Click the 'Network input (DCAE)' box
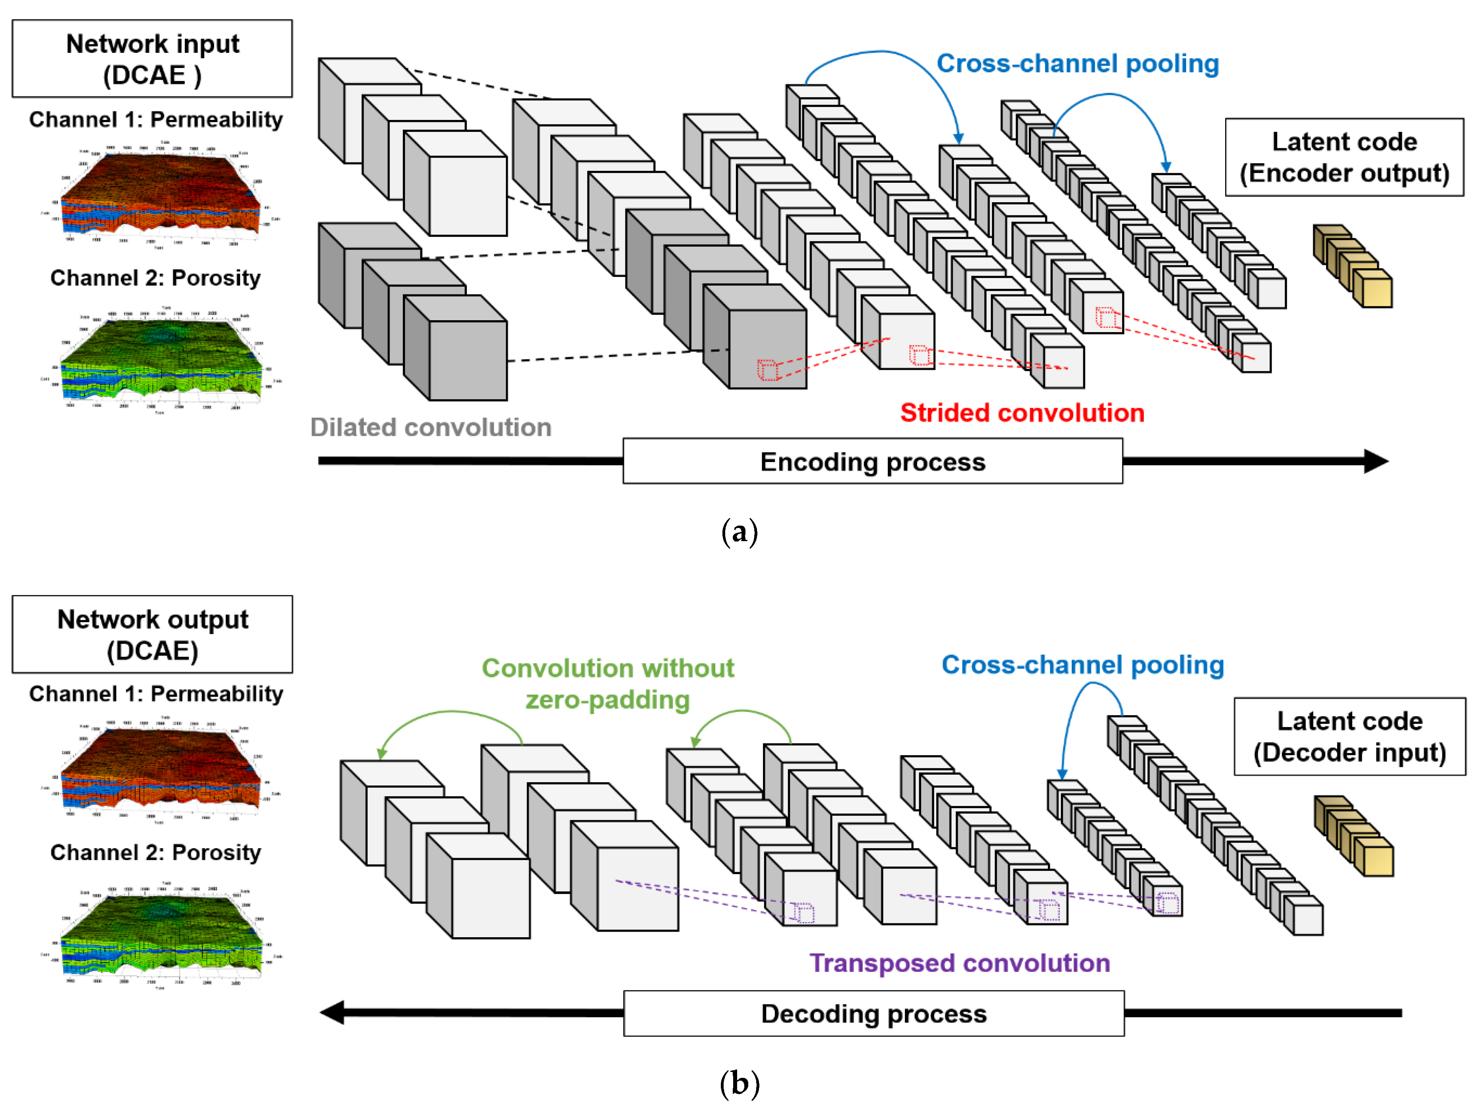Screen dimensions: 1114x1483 tap(152, 59)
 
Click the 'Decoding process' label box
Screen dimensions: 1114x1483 tap(873, 1013)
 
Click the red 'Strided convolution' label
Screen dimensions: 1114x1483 tap(1022, 412)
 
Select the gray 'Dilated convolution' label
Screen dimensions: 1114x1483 tap(430, 427)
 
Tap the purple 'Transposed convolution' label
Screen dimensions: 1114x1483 tap(959, 963)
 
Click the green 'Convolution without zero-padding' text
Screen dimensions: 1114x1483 tap(608, 683)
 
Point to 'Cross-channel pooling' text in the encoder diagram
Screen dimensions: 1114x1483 tap(1077, 64)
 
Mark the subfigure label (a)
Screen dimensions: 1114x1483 tap(740, 532)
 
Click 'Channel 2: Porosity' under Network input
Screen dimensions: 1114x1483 tap(155, 277)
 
